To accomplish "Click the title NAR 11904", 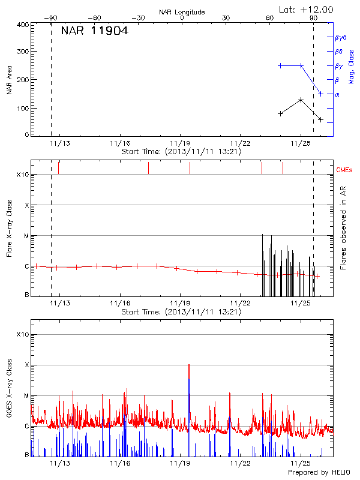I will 94,31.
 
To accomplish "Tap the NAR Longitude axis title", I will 182,11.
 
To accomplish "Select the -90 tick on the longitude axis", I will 51,18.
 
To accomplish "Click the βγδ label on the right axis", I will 341,37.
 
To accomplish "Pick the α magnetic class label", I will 337,94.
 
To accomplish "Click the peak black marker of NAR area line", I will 301,100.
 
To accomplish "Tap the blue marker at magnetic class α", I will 320,94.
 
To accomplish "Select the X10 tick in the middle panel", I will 22,175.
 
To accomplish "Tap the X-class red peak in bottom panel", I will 189,365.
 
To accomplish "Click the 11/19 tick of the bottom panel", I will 181,464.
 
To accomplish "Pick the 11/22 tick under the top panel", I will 240,143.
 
